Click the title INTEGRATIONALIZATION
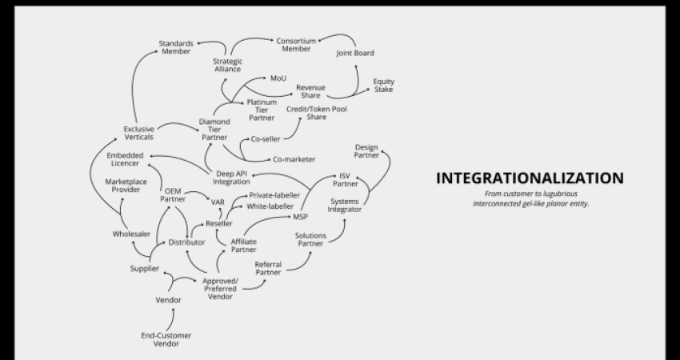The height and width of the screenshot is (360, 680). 530,178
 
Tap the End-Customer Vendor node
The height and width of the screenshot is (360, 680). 166,340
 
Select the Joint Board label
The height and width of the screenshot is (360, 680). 355,53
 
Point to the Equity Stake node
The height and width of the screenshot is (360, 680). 384,86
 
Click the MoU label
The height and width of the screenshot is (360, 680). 278,78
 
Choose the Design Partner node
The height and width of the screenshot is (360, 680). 366,151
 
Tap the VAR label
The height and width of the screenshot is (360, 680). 218,202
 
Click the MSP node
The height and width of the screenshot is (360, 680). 300,217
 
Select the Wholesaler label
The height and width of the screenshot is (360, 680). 131,234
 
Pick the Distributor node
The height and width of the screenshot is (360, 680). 186,242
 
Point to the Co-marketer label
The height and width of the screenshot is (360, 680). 294,159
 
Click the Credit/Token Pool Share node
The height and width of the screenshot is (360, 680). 317,113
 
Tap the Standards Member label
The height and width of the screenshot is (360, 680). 176,47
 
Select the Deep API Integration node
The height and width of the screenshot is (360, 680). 231,178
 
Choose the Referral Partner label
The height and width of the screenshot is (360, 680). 268,268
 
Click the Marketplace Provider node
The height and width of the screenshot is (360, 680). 126,186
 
